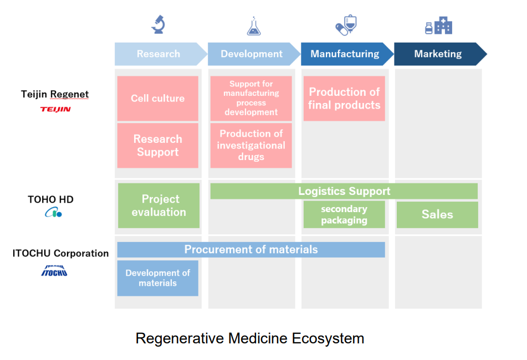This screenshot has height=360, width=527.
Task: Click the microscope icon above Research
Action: pos(158,24)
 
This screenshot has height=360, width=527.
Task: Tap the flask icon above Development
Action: pos(253,26)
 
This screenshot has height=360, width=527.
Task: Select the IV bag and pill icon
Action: pos(346,25)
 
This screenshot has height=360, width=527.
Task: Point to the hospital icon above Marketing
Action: pos(438,25)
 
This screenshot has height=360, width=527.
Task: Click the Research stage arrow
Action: pos(160,54)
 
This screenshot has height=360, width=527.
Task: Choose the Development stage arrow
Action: pos(253,54)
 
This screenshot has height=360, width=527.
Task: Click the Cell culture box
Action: pos(158,99)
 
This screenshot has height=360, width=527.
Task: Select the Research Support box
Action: pos(158,146)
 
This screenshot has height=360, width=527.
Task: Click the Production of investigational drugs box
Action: pos(251,145)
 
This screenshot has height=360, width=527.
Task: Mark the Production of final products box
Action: pos(344,99)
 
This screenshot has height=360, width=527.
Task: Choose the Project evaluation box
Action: pos(159,205)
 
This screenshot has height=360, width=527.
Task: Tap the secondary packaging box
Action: pos(344,214)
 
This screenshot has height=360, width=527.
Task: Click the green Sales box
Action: pos(437,214)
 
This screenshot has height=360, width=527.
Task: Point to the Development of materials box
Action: pos(158,278)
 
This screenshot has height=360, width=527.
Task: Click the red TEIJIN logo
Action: pos(55,109)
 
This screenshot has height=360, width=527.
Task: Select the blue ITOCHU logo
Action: pos(55,270)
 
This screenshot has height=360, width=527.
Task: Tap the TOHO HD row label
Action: pos(50,199)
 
